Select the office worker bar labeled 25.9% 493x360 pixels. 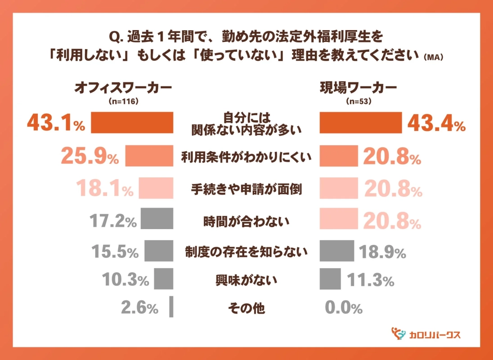pyautogui.click(x=149, y=156)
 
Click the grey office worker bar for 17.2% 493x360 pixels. pyautogui.click(x=157, y=219)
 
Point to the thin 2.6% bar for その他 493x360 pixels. pyautogui.click(x=171, y=307)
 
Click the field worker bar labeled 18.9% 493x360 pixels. pyautogui.click(x=337, y=251)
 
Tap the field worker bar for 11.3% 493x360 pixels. pyautogui.click(x=330, y=279)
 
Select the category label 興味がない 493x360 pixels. pyautogui.click(x=246, y=281)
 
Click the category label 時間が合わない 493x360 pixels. pyautogui.click(x=246, y=221)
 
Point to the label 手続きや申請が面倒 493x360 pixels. pyautogui.click(x=246, y=189)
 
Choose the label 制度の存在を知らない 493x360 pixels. pyautogui.click(x=246, y=252)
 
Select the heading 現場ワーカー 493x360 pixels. pyautogui.click(x=358, y=87)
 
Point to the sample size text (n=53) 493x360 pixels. pyautogui.click(x=358, y=102)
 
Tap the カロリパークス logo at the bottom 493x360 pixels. pyautogui.click(x=426, y=334)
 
